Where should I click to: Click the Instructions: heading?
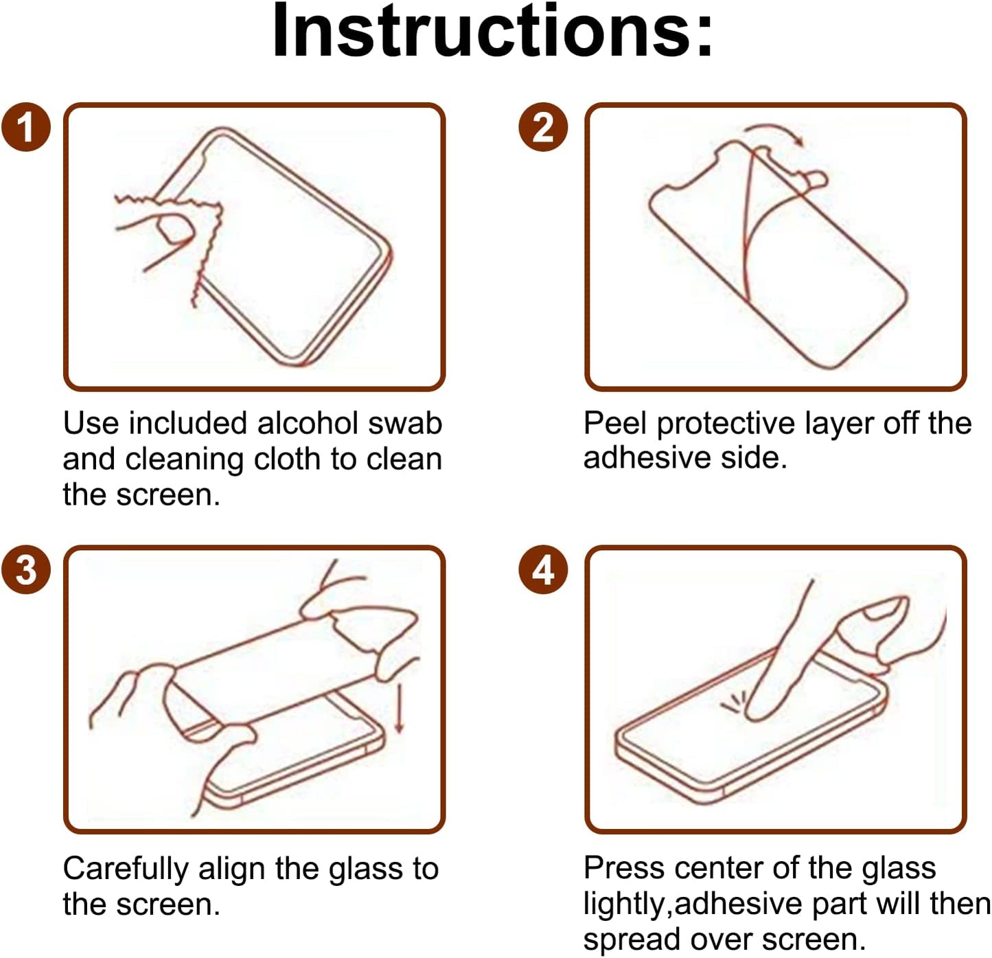coord(492,31)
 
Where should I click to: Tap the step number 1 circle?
coord(26,127)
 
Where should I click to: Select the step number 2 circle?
coord(543,127)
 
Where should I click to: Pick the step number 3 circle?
coord(26,569)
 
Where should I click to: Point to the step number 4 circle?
coord(543,569)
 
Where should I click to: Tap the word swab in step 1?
coord(405,423)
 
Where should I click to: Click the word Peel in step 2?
coord(615,423)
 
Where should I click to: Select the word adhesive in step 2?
coord(647,457)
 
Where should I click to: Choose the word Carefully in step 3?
coord(126,868)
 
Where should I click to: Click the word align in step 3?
coord(232,869)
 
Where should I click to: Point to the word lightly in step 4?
coord(624,904)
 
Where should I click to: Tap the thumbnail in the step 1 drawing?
coord(174,229)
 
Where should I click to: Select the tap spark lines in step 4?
coord(733,700)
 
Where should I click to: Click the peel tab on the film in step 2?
coord(815,179)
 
